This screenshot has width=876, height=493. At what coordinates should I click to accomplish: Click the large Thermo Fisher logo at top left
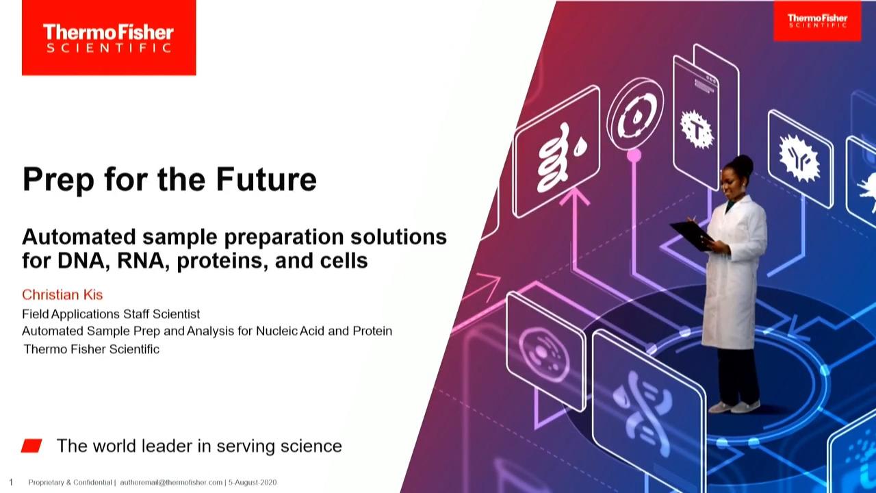pyautogui.click(x=109, y=38)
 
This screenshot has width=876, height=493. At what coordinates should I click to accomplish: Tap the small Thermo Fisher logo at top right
pyautogui.click(x=817, y=21)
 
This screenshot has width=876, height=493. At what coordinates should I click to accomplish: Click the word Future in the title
pyautogui.click(x=266, y=179)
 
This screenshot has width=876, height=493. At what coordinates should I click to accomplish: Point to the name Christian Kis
pyautogui.click(x=62, y=294)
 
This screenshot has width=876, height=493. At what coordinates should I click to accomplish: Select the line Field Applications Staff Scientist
pyautogui.click(x=111, y=314)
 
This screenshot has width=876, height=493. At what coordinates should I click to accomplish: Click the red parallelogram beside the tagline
pyautogui.click(x=31, y=446)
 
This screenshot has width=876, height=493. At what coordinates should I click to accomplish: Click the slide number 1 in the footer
pyautogui.click(x=11, y=482)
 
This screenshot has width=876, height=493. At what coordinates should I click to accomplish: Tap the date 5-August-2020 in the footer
pyautogui.click(x=253, y=483)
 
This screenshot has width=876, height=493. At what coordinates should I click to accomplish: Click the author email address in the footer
pyautogui.click(x=171, y=483)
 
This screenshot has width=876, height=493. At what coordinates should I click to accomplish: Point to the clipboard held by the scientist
pyautogui.click(x=691, y=236)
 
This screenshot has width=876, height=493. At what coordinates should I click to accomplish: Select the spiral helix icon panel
pyautogui.click(x=556, y=151)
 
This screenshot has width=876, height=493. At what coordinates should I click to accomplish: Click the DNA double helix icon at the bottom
pyautogui.click(x=642, y=416)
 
